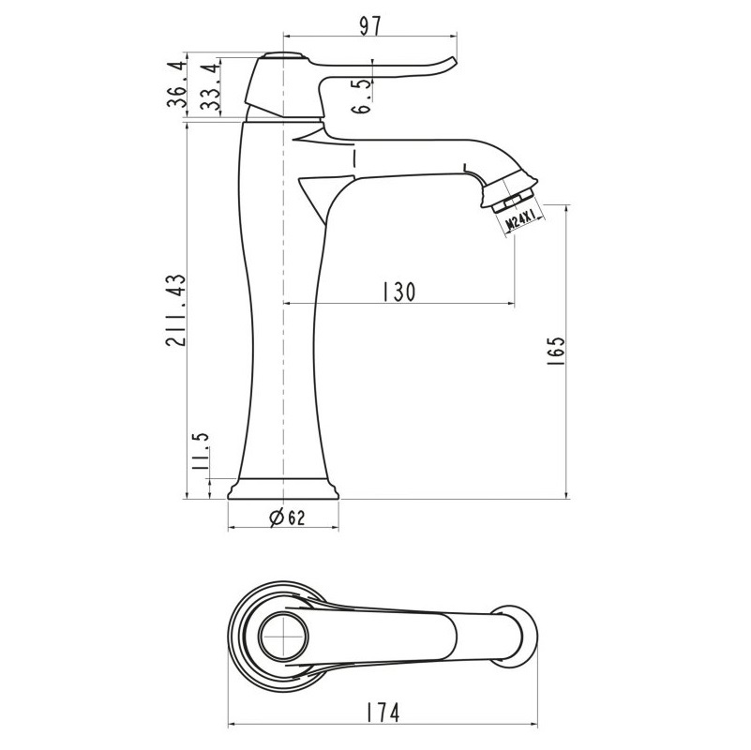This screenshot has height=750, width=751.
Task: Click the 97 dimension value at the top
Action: pyautogui.click(x=370, y=26)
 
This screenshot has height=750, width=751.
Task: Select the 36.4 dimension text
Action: pyautogui.click(x=175, y=84)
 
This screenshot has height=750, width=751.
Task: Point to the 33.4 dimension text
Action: pyautogui.click(x=209, y=87)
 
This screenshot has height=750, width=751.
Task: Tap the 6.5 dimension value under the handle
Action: pyautogui.click(x=363, y=97)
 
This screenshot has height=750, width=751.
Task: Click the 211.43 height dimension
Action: pyautogui.click(x=174, y=310)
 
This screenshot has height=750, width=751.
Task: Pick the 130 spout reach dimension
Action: pyautogui.click(x=399, y=292)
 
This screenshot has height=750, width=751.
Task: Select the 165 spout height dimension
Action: pyautogui.click(x=556, y=352)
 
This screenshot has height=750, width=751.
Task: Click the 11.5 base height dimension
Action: pyautogui.click(x=201, y=451)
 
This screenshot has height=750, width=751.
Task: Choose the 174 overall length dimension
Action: pyautogui.click(x=383, y=712)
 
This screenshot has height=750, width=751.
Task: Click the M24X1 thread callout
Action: pyautogui.click(x=521, y=221)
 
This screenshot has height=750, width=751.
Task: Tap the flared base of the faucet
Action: pyautogui.click(x=283, y=488)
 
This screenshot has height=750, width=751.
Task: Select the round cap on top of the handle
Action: pyautogui.click(x=283, y=54)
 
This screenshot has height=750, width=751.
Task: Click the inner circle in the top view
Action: pyautogui.click(x=283, y=636)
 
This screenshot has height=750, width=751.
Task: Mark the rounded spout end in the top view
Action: pyautogui.click(x=523, y=636)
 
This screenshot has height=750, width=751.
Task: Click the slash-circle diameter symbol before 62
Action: pyautogui.click(x=277, y=517)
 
